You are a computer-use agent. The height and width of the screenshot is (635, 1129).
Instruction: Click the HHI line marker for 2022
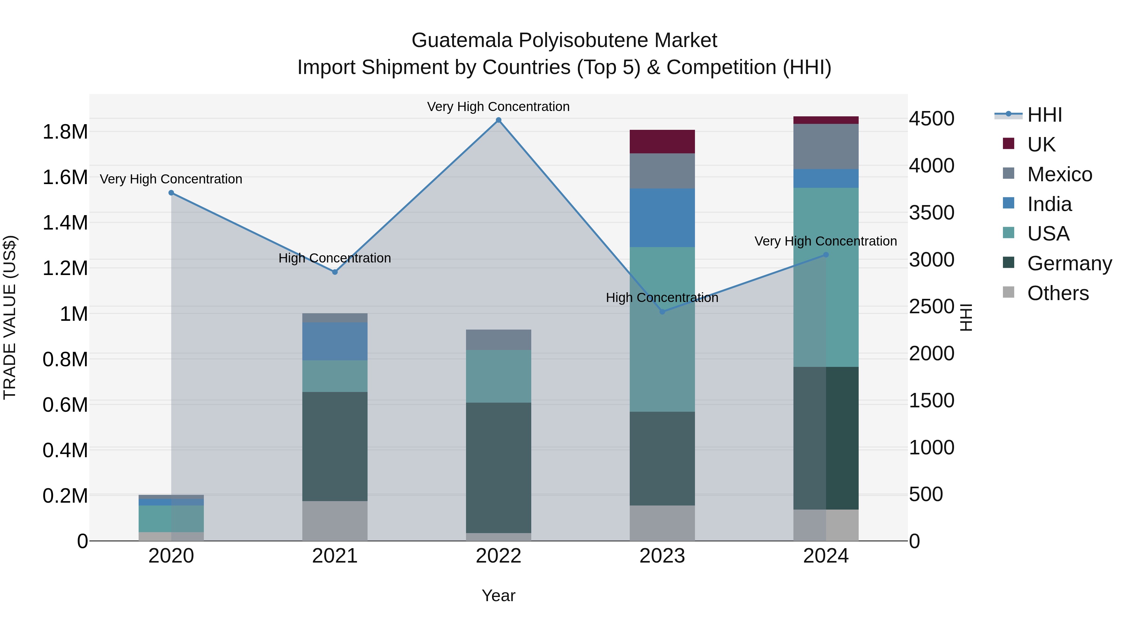(x=498, y=120)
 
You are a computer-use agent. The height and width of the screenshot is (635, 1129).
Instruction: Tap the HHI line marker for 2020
(x=171, y=193)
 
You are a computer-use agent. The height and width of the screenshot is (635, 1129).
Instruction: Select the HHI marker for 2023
(x=662, y=312)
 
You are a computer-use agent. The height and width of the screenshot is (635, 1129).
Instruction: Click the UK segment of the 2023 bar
(x=662, y=141)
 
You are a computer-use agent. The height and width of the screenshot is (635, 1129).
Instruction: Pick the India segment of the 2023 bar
(x=662, y=218)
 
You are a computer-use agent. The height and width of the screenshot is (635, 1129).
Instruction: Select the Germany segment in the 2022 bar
(x=498, y=468)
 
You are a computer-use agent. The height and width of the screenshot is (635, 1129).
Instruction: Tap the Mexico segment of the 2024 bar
(x=826, y=146)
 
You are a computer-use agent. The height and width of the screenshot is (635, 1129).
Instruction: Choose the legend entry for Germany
(x=1069, y=263)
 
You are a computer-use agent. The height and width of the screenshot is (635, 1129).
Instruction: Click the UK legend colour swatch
(x=1009, y=144)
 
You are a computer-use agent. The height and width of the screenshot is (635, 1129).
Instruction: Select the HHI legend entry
(x=1044, y=115)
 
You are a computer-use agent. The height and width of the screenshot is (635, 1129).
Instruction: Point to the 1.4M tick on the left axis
(x=65, y=223)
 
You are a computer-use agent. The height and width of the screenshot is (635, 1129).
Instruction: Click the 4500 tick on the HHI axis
(x=932, y=119)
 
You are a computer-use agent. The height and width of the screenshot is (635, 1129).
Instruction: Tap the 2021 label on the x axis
(x=335, y=556)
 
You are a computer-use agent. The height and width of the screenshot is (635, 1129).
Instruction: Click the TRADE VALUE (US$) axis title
(x=10, y=317)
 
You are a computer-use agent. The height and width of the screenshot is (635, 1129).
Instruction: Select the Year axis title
(x=498, y=595)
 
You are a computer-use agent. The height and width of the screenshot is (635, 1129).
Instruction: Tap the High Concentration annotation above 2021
(x=335, y=258)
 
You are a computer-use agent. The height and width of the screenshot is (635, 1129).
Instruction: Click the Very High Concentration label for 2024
(x=826, y=241)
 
